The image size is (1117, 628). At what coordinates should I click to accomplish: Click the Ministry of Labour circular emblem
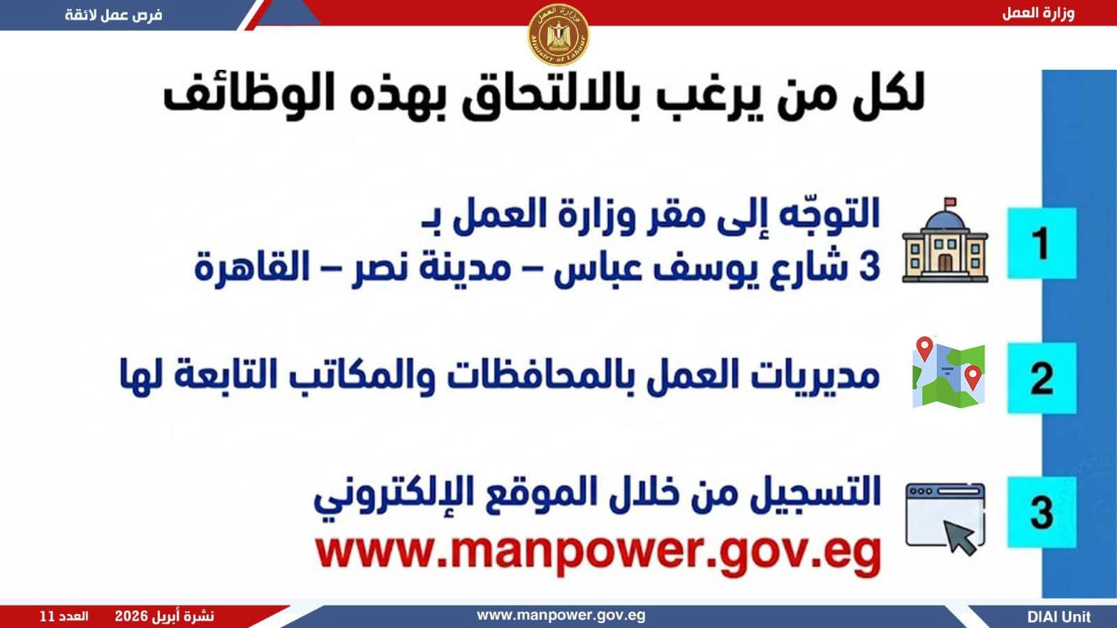coord(558,35)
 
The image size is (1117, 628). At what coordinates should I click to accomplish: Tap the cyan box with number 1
coord(1042,244)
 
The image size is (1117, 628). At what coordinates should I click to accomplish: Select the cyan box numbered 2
coord(1042,377)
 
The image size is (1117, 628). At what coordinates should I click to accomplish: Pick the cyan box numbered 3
coord(1042,512)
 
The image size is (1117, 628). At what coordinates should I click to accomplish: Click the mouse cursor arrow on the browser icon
coord(959,537)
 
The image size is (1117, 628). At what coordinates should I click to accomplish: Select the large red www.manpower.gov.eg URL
coord(598,553)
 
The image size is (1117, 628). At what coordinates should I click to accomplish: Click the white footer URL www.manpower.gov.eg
coord(561,615)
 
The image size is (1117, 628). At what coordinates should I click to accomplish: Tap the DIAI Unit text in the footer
coord(1059,617)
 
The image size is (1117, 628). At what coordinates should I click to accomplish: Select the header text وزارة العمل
coord(1038,13)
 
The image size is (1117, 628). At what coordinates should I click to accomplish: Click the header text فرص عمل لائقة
coord(114,15)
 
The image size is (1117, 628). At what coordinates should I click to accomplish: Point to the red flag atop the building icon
coord(950,202)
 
